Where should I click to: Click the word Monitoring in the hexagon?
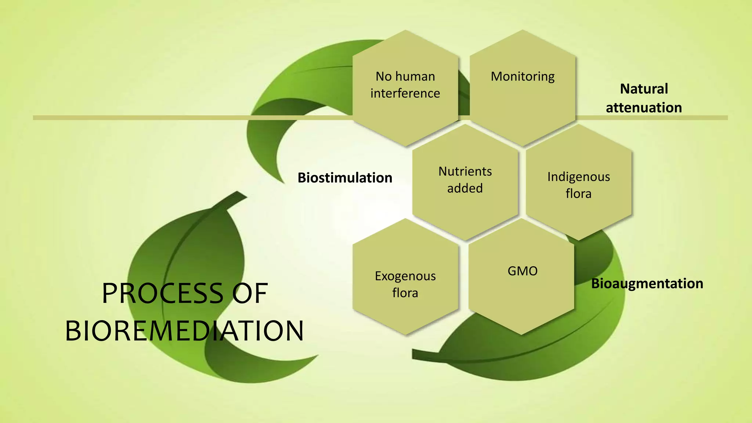click(x=523, y=76)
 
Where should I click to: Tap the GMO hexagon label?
click(x=523, y=271)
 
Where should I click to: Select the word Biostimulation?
click(x=345, y=178)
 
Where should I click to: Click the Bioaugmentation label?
click(x=647, y=283)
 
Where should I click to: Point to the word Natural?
click(x=644, y=89)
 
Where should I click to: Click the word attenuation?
click(x=644, y=108)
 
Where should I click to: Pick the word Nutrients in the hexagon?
click(x=465, y=171)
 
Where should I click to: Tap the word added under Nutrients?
click(x=465, y=188)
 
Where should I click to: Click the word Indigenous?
click(x=578, y=177)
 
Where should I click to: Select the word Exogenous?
click(x=405, y=276)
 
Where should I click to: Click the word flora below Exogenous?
click(x=405, y=293)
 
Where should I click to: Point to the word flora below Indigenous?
click(x=578, y=194)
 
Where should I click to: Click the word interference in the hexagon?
click(x=405, y=93)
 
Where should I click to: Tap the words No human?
click(x=405, y=76)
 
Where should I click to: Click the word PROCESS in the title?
click(x=162, y=293)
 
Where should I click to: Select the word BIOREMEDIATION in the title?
click(x=184, y=331)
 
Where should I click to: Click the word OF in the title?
click(x=250, y=293)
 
